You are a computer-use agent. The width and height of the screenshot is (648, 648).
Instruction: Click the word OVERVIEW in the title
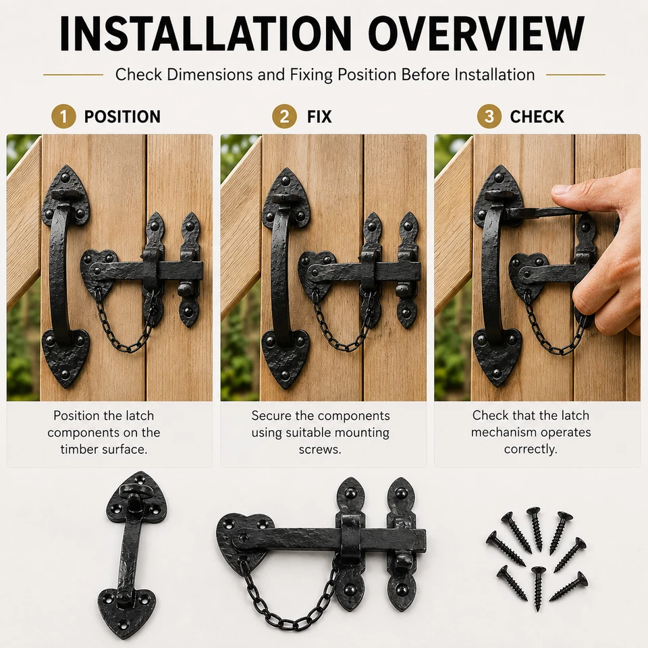tap(476, 34)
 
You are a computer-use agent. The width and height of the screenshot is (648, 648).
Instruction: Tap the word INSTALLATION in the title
tap(205, 34)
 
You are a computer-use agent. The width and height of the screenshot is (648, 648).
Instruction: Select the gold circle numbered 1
tap(63, 117)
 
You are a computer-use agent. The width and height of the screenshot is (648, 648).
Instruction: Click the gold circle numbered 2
tap(284, 117)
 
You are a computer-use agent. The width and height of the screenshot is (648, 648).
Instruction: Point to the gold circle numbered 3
tap(489, 117)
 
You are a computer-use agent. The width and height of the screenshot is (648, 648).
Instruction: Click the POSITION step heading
tap(122, 117)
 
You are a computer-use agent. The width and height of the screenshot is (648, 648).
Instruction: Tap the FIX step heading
tap(319, 117)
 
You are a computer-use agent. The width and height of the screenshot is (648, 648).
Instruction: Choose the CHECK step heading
tap(537, 117)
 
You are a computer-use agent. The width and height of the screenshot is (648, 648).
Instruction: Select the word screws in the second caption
tap(320, 450)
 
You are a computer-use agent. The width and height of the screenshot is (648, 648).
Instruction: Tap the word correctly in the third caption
tap(531, 450)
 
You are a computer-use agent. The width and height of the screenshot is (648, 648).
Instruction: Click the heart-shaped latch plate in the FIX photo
tap(314, 271)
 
